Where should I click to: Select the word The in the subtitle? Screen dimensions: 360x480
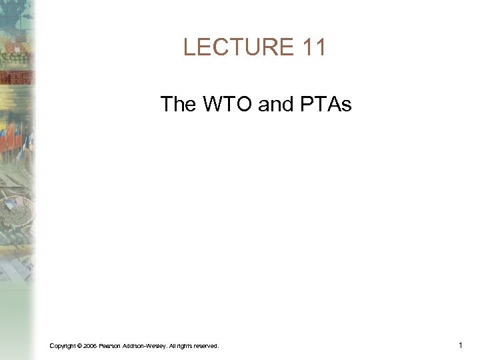(177, 104)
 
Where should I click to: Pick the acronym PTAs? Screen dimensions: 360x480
(327, 104)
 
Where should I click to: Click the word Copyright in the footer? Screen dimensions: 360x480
(62, 345)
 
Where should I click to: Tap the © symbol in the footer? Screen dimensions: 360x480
(79, 345)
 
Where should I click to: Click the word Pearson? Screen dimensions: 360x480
(109, 345)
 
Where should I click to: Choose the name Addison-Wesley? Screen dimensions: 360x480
(144, 345)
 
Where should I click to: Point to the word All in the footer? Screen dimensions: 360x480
(173, 345)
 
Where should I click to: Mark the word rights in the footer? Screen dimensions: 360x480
(185, 345)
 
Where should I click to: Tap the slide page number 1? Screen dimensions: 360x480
(461, 345)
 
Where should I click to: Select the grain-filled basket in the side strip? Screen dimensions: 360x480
(19, 213)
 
